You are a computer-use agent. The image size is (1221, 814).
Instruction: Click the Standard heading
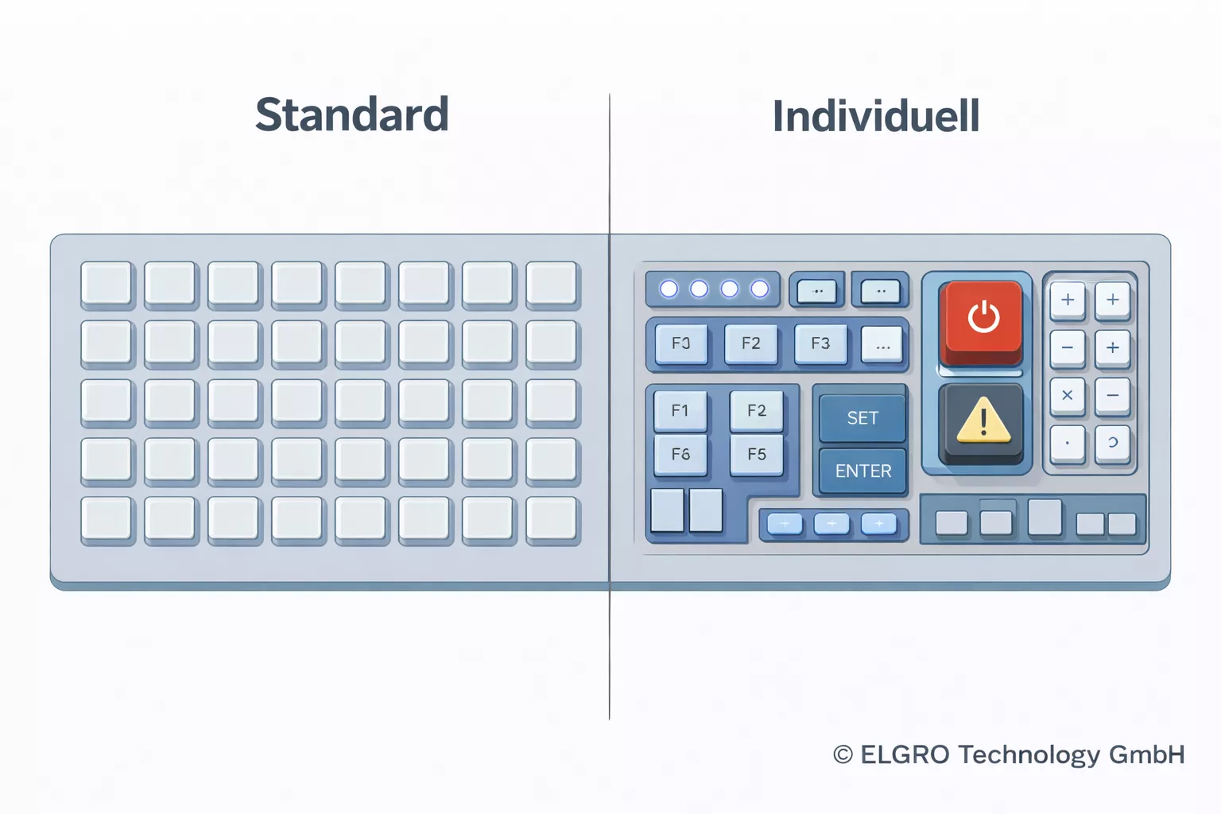coord(351,114)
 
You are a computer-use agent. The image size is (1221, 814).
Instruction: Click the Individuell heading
coord(875,117)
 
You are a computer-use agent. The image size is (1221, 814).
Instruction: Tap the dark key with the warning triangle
coord(983,421)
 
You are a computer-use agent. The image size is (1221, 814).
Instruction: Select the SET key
coord(862,417)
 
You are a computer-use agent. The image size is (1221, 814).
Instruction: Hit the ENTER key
coord(862,471)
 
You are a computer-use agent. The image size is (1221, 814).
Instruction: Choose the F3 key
coord(820,343)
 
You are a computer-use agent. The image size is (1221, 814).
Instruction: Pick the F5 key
coord(757,454)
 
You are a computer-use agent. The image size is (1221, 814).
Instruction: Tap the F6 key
coord(680,454)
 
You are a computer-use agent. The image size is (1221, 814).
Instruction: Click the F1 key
coord(680,410)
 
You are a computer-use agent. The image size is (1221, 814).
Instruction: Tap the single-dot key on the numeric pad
coord(1067,443)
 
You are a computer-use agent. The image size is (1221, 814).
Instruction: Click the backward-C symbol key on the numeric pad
coord(1112,443)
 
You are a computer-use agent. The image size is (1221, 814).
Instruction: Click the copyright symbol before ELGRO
coord(843,754)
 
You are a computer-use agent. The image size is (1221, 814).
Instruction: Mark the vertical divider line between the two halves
coord(610,652)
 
